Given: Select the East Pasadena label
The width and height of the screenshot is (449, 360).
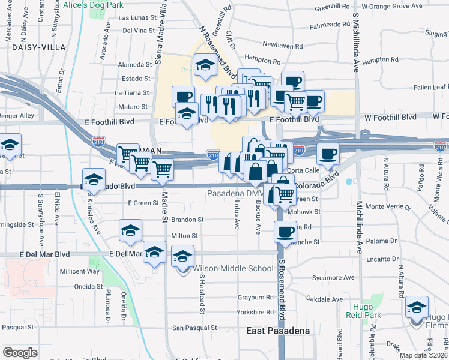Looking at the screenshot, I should pos(278,331).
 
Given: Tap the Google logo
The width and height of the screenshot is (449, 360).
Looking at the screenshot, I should pos(20,353).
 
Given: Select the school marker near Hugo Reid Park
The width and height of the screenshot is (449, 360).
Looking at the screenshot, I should pos(417,308).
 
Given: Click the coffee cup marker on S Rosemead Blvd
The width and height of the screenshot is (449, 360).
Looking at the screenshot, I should pos(286,230).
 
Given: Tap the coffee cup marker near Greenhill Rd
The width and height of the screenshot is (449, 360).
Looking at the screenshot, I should pos(292,82).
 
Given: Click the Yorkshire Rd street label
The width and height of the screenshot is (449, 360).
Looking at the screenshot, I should pos(255,313).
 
